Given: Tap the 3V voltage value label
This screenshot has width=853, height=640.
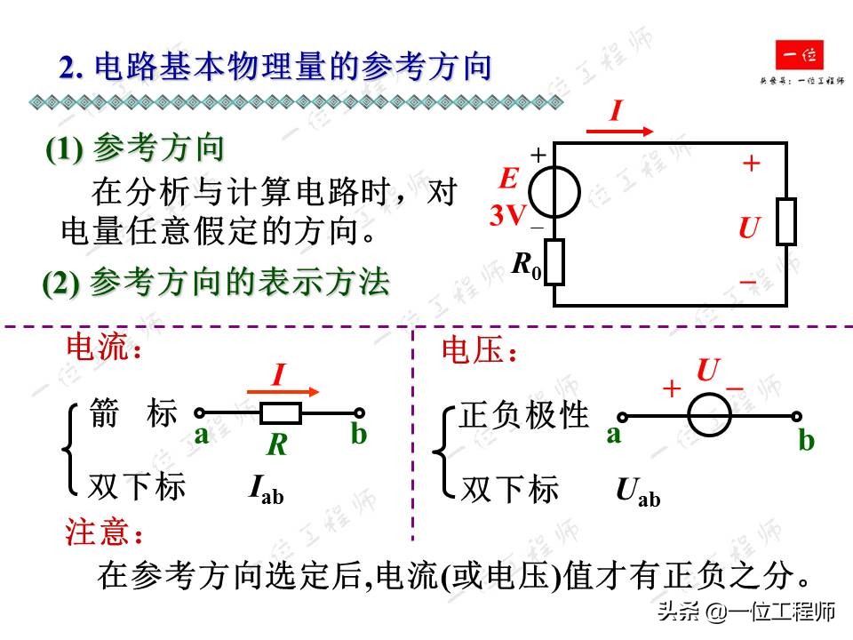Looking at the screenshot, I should (508, 215).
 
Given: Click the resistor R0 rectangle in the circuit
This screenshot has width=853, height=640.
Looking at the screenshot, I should (555, 261).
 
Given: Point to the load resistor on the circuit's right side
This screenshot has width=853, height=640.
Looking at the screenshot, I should (785, 221).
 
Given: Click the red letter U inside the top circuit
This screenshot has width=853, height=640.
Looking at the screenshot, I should (749, 229).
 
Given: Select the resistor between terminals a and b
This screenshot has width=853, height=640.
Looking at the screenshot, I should (281, 412).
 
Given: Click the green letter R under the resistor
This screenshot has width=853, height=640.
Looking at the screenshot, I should (278, 444).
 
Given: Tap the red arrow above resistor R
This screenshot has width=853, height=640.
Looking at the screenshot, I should (283, 391).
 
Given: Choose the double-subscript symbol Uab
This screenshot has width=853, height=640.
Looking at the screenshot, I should (637, 492).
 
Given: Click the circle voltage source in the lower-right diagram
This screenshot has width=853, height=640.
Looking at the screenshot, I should (710, 415).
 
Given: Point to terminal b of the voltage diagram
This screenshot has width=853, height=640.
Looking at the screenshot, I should (805, 440).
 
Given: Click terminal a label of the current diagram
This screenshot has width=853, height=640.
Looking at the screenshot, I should (202, 435).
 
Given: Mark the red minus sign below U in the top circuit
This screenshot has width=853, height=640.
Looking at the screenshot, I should (749, 283).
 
